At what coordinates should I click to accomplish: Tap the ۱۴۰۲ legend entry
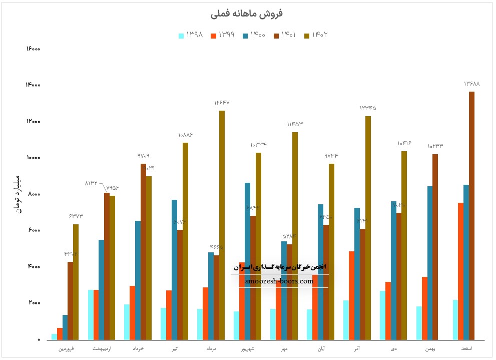pos(316,35)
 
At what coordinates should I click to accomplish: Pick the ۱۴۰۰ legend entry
pos(253,35)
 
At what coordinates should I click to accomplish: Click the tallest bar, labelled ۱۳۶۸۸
pos(471,215)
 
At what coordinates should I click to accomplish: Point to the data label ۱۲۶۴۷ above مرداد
pos(222,103)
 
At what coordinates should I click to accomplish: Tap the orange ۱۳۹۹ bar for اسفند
pos(460,270)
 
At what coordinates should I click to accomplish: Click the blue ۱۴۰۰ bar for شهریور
pos(247,260)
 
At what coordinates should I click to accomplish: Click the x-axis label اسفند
pos(466,348)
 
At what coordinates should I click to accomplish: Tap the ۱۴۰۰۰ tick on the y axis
pos(33,86)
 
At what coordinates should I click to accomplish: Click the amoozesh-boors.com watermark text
pos(280,281)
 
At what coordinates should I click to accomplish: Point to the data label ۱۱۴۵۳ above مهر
pos(295,124)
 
